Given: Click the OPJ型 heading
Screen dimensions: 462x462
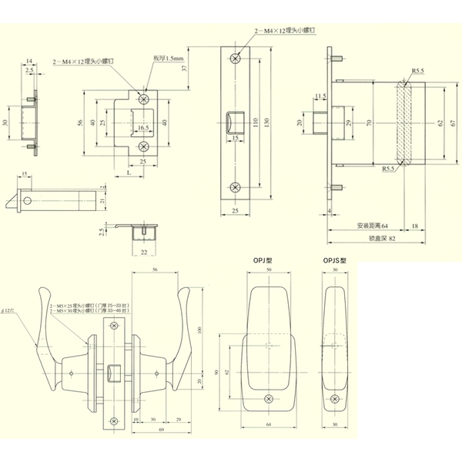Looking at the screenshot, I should tap(262, 261).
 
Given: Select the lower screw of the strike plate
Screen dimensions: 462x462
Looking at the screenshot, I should tap(143, 146).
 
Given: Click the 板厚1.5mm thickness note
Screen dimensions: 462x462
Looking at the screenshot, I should tap(167, 58).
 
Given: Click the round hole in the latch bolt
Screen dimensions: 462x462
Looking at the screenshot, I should tap(28, 200).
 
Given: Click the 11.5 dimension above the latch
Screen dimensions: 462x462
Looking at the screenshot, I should tap(320, 96).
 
